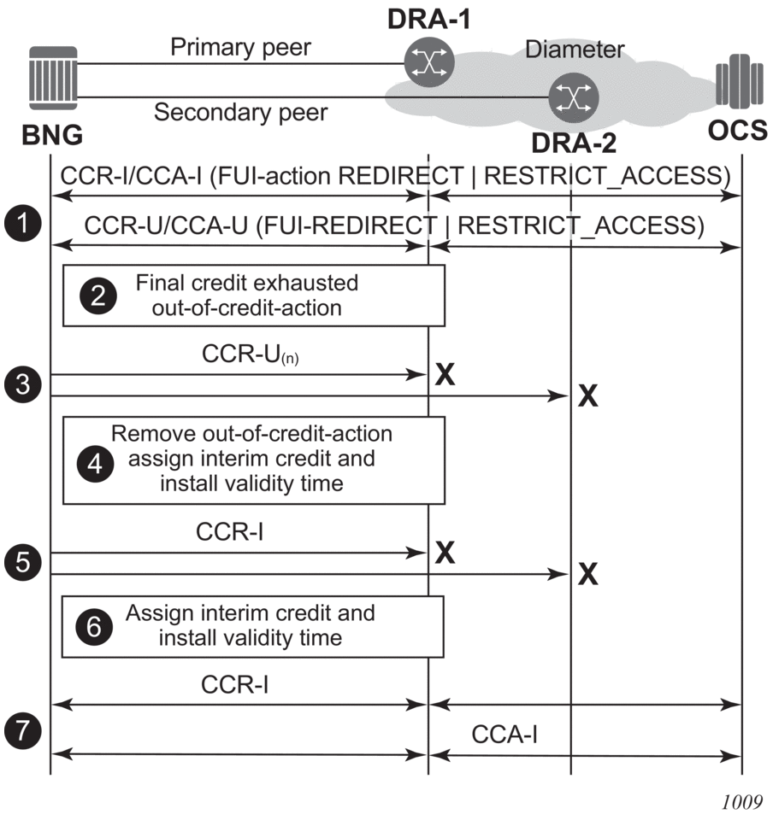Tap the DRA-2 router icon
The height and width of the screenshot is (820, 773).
pyautogui.click(x=573, y=96)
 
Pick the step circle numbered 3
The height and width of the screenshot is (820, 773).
pyautogui.click(x=20, y=384)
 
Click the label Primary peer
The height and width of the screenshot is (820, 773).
pyautogui.click(x=240, y=47)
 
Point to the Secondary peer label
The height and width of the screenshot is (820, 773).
pyautogui.click(x=240, y=112)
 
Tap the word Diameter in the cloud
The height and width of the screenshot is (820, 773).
pyautogui.click(x=574, y=49)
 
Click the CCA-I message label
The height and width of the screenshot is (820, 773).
pyautogui.click(x=504, y=734)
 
